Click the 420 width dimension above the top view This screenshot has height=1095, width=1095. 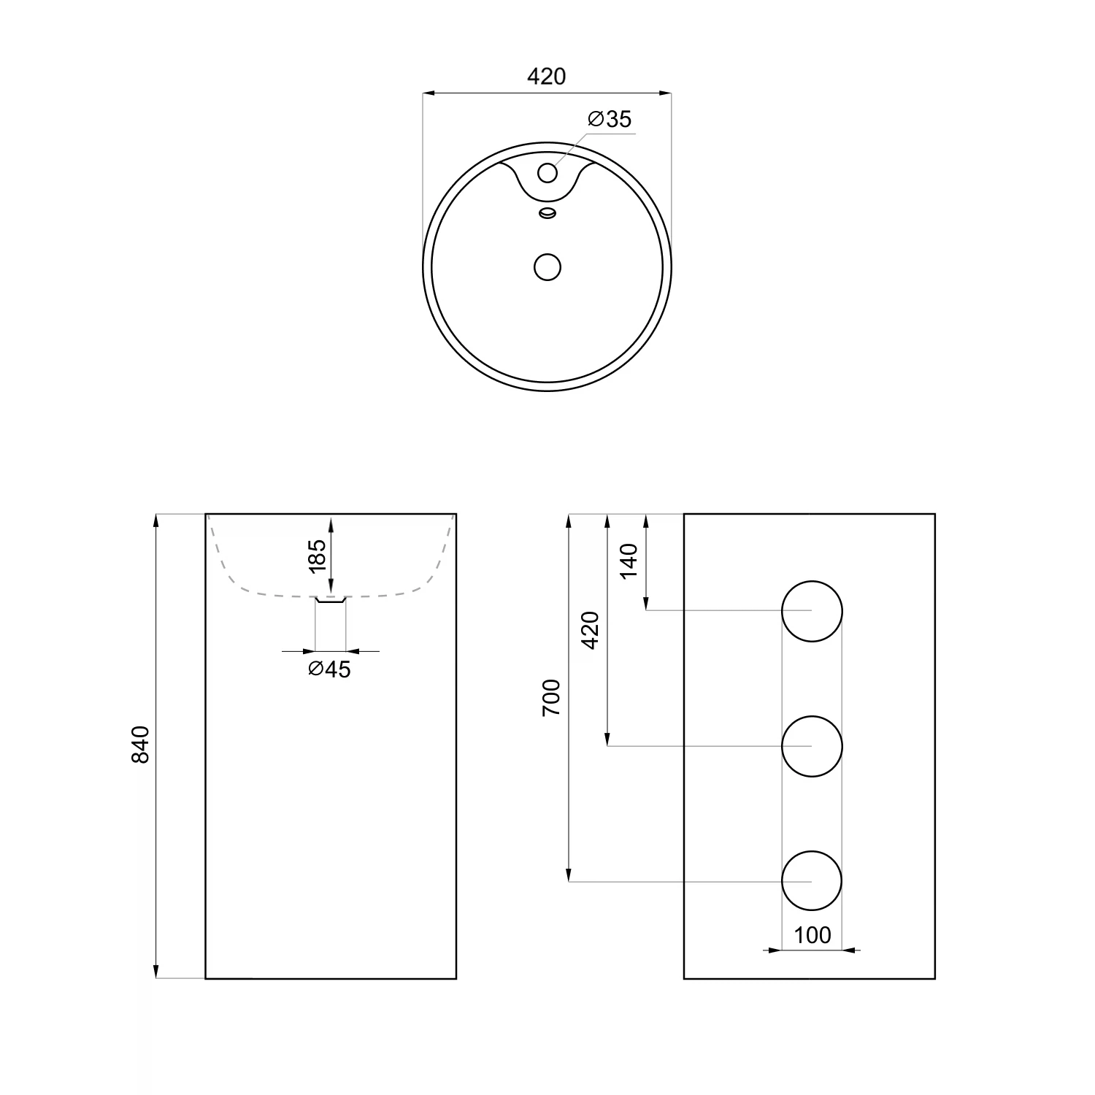pyautogui.click(x=547, y=76)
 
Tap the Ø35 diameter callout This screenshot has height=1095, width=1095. pyautogui.click(x=610, y=119)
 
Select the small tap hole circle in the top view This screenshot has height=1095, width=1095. pyautogui.click(x=547, y=173)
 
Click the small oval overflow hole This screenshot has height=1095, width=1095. pyautogui.click(x=547, y=213)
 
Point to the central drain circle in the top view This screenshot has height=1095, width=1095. pyautogui.click(x=547, y=267)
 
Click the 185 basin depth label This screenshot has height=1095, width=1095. pyautogui.click(x=316, y=556)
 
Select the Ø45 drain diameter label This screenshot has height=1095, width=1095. pyautogui.click(x=329, y=669)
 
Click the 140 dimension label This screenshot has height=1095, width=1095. pyautogui.click(x=629, y=561)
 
